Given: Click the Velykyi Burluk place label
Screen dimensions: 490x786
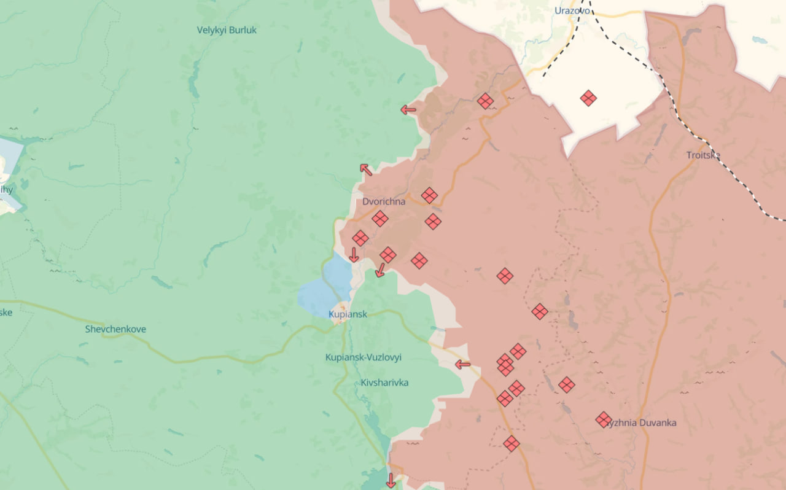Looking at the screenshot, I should pos(227,29).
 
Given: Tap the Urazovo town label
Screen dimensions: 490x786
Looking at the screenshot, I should pos(572,10).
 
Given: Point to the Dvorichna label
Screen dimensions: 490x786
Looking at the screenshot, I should pos(384,201).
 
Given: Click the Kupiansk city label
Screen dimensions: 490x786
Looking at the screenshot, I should pos(348,314).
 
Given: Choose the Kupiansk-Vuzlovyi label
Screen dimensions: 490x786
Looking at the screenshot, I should pos(363,357).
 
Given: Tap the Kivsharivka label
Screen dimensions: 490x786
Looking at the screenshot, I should pos(384,383).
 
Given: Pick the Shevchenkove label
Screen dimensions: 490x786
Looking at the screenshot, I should pos(115,329).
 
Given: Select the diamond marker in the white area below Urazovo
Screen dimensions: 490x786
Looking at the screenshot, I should pos(588,98).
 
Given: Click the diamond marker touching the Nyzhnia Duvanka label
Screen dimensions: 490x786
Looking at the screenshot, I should pos(603,419).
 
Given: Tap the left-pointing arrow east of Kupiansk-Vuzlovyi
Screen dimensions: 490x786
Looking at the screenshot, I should pos(462,365).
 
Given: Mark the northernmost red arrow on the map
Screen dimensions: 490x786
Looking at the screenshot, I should pos(408,111).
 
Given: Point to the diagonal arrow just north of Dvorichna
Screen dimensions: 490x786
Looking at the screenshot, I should pos(366,169).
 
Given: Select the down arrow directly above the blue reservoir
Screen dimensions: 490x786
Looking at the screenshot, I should pos(354,255).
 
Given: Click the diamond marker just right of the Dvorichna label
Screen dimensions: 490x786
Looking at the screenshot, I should pos(429,195).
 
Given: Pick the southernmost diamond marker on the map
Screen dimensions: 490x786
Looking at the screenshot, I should pos(511,443).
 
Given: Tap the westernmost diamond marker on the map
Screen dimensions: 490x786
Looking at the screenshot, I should pos(360,238).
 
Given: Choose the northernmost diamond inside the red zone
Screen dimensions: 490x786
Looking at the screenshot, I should pos(485,101).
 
